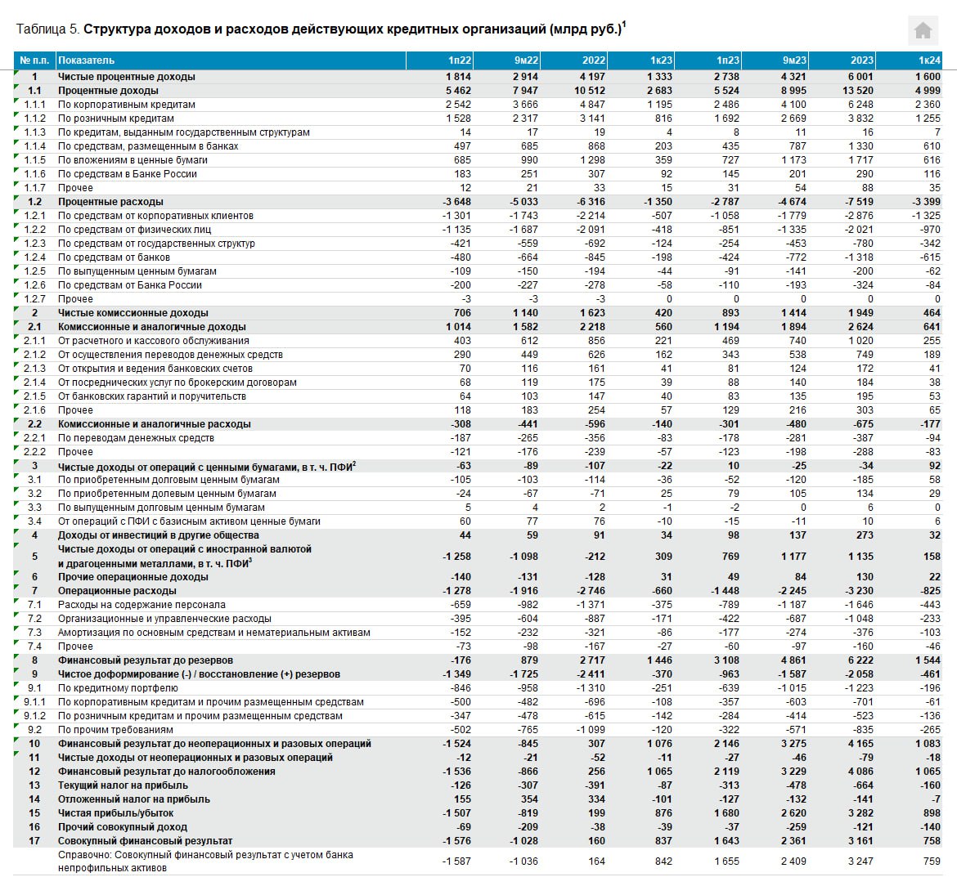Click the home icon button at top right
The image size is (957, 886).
pyautogui.click(x=923, y=31)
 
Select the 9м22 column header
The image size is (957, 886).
pyautogui.click(x=526, y=60)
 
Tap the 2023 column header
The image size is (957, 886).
pyautogui.click(x=861, y=60)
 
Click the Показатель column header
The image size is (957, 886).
pyautogui.click(x=86, y=60)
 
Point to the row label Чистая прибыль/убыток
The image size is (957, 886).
pyautogui.click(x=115, y=813)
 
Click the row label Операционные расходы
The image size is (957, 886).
pyautogui.click(x=117, y=591)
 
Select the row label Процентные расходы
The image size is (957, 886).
pyautogui.click(x=110, y=202)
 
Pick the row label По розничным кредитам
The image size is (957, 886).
pyautogui.click(x=115, y=119)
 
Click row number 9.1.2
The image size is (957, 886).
pyautogui.click(x=34, y=716)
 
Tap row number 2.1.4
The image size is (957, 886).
pyautogui.click(x=34, y=383)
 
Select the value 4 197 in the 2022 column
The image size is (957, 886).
pyautogui.click(x=592, y=77)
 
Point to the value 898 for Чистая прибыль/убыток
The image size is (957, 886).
pyautogui.click(x=931, y=813)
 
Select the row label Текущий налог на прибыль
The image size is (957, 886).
pyautogui.click(x=123, y=785)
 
